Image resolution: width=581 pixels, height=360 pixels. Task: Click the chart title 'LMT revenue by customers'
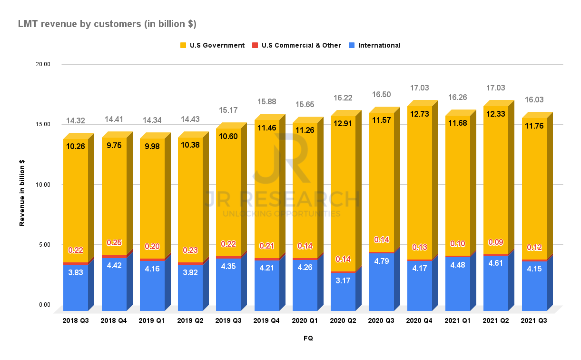tap(107, 23)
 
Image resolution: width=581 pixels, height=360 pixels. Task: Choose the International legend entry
tap(379, 45)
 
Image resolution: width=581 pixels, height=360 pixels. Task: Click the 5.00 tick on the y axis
tap(45, 245)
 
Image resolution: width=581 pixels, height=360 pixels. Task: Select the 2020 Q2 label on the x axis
tap(343, 321)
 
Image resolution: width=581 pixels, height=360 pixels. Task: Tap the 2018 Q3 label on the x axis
tap(76, 321)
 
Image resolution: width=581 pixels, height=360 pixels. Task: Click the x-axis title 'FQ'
tap(308, 338)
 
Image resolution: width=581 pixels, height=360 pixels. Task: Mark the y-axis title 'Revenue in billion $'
tap(22, 192)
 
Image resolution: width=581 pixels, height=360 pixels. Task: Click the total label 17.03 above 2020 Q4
tap(419, 88)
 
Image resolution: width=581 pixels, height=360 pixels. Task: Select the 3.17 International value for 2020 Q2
tap(343, 287)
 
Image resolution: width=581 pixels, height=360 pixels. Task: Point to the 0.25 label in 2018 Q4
tap(114, 242)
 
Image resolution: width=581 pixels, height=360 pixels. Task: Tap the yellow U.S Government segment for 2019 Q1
tap(152, 200)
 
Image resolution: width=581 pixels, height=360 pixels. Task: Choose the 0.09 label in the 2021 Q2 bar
tap(496, 242)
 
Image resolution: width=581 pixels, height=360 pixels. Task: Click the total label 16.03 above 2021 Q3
tap(534, 100)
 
